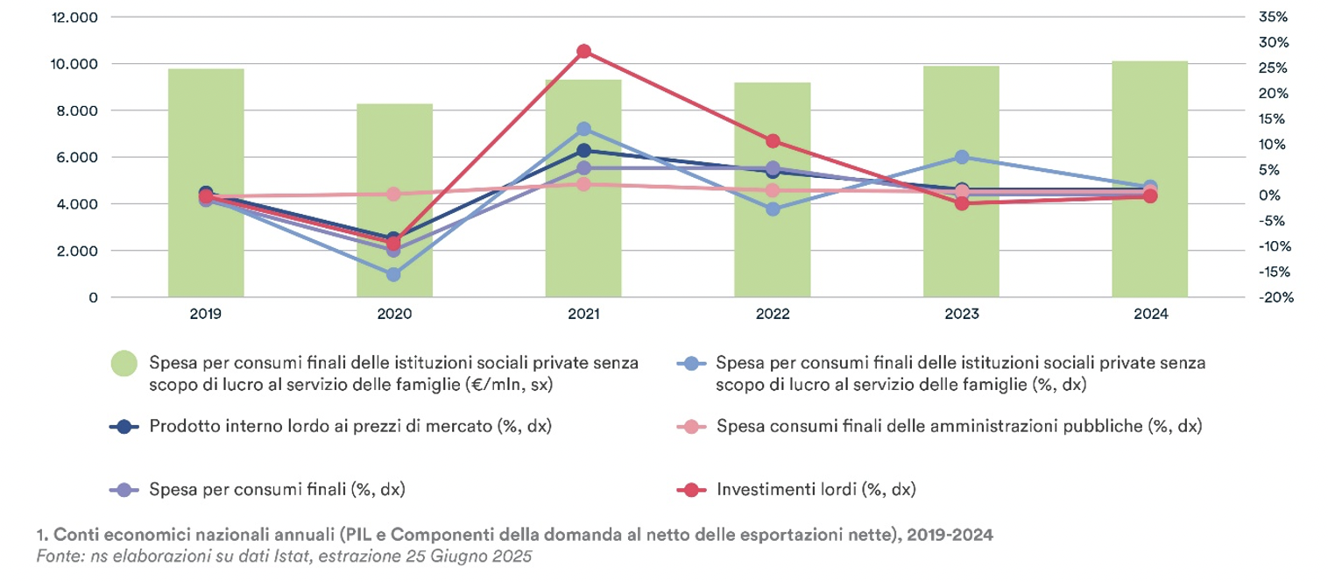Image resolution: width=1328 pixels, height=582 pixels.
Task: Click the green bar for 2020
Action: tap(394, 201)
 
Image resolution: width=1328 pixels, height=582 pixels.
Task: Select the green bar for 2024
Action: tap(1149, 179)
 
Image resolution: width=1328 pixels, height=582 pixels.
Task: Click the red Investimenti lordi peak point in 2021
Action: tap(583, 51)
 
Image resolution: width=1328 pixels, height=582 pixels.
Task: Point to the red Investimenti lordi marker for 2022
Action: tap(773, 141)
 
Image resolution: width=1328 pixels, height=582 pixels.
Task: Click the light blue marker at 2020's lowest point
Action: tap(394, 274)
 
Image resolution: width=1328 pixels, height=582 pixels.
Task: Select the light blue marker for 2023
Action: tap(962, 157)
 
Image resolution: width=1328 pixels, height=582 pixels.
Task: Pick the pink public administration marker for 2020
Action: tap(394, 194)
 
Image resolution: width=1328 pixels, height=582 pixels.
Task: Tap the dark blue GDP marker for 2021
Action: tap(583, 150)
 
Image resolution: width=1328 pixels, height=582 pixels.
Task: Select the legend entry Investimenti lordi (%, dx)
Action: tap(816, 489)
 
